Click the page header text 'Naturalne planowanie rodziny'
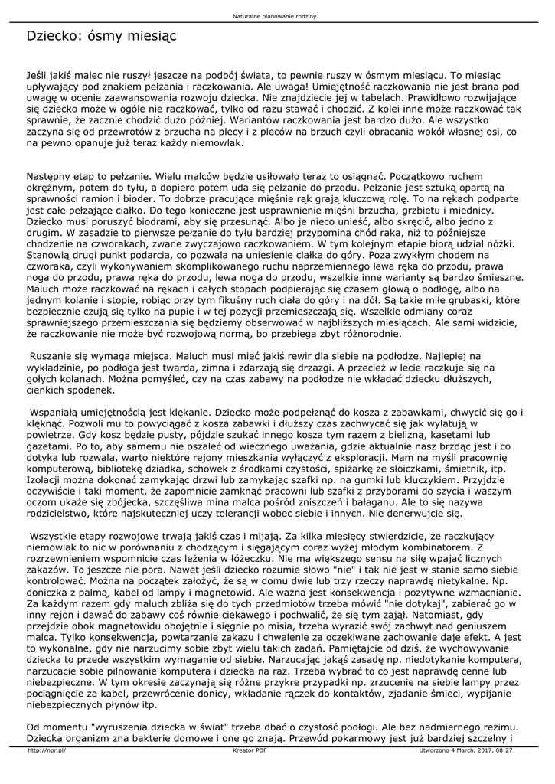pos(276,16)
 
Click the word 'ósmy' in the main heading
pos(98,36)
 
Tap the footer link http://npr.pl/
pos(47,750)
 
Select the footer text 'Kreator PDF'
pos(250,750)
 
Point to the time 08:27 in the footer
pos(503,750)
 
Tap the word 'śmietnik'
pos(466,467)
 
